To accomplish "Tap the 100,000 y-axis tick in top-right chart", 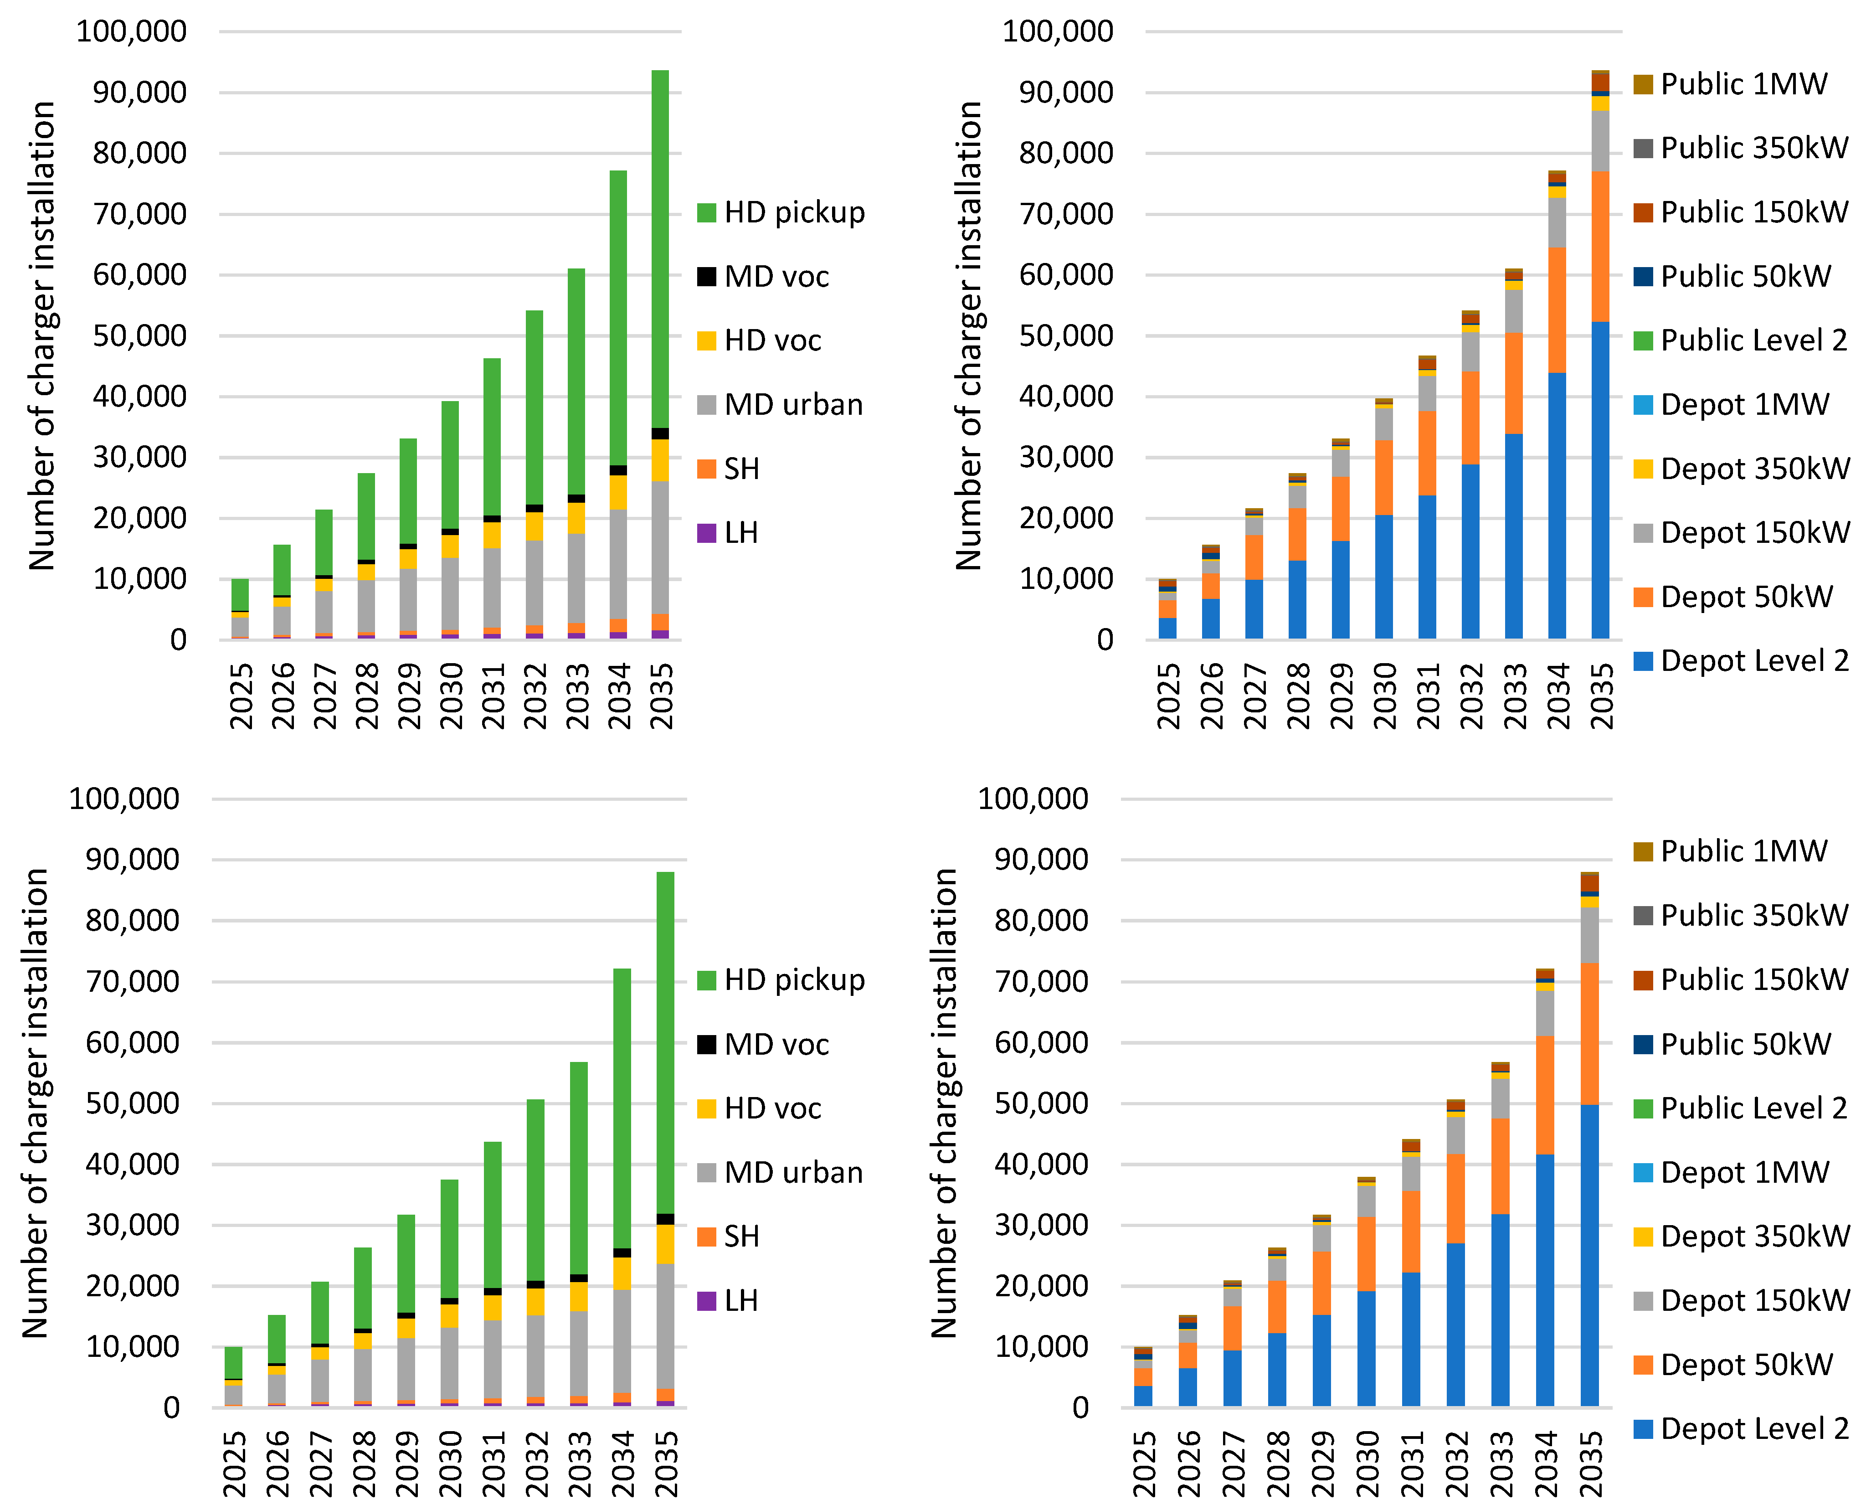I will [1056, 31].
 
